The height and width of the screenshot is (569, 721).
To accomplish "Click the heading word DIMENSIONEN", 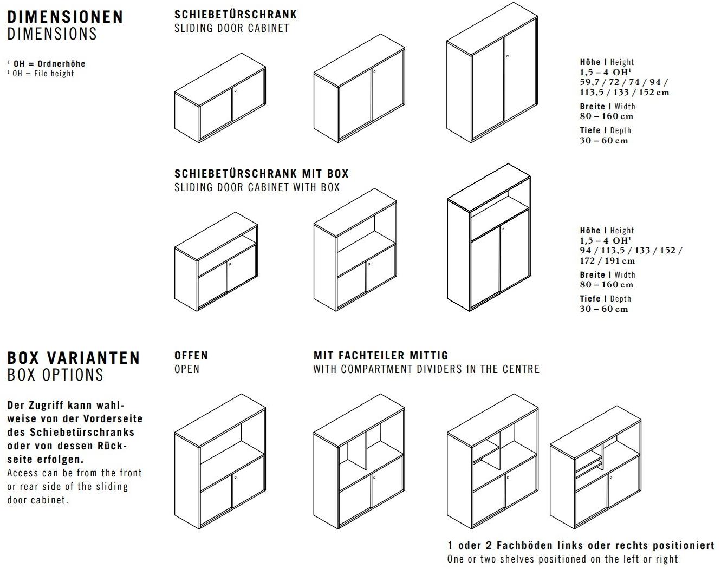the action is (66, 17).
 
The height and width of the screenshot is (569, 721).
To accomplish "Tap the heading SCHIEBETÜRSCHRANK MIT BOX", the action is (261, 173).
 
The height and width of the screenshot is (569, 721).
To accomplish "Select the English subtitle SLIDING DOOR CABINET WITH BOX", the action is (257, 187).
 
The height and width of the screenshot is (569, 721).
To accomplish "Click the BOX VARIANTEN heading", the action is (73, 358).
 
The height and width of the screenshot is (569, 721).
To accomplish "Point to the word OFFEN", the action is (191, 356).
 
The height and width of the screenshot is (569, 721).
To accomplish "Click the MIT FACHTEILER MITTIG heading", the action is (381, 356).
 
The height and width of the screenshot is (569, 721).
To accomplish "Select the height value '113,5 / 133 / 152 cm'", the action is (624, 93).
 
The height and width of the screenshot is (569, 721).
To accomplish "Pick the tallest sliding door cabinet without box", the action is (492, 73).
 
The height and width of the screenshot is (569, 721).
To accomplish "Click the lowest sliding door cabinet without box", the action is (220, 98).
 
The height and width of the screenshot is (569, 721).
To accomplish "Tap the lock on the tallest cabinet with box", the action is (503, 229).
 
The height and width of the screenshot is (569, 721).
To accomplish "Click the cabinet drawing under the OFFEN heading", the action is (220, 461).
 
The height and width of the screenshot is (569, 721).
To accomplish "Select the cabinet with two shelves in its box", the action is (595, 468).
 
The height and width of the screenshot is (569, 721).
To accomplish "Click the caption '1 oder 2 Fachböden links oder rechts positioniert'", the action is (581, 546).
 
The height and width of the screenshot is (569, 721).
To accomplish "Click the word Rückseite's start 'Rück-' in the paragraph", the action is (112, 446).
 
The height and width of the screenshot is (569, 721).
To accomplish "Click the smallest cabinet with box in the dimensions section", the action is (216, 261).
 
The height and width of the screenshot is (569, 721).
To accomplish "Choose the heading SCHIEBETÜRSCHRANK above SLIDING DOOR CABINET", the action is (236, 15).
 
